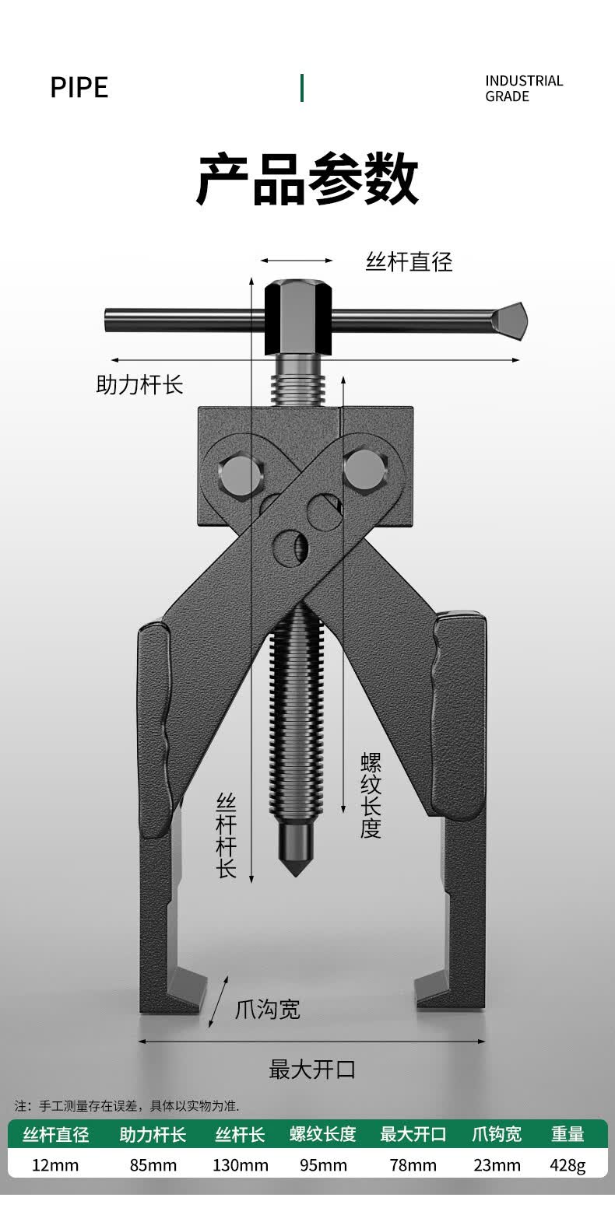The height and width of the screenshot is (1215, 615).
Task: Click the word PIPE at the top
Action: coord(79,87)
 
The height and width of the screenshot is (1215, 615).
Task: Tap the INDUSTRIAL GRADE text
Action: coord(524,89)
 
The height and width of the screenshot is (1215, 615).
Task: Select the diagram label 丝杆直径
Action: coord(409,262)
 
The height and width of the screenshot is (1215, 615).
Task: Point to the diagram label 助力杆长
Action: coord(139,384)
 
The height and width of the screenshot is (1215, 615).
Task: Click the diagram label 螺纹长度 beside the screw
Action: coord(371,796)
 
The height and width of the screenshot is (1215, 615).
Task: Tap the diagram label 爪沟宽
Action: coord(268,1009)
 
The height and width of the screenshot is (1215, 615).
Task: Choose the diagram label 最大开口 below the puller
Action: coord(312,1070)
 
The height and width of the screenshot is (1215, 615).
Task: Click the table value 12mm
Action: coord(54,1165)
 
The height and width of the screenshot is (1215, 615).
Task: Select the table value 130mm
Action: coord(240,1165)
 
